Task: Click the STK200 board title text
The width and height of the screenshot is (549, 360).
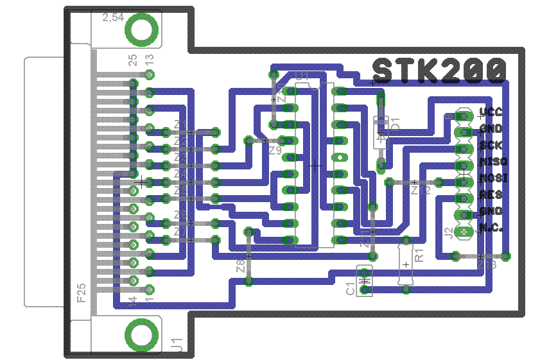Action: tap(439, 71)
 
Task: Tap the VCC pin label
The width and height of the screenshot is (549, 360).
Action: tap(491, 113)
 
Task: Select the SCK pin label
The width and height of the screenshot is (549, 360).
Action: tap(491, 146)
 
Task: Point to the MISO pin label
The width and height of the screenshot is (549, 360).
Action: tap(493, 162)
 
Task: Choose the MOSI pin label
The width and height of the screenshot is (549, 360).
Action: tap(493, 178)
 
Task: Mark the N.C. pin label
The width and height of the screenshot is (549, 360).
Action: tap(491, 228)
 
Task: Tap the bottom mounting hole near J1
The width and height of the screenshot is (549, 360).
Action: tap(141, 334)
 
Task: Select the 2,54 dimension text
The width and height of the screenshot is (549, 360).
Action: tap(114, 19)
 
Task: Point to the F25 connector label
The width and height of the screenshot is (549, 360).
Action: tap(82, 293)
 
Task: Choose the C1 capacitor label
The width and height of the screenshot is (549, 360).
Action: tap(351, 289)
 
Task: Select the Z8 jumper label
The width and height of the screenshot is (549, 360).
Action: tap(241, 265)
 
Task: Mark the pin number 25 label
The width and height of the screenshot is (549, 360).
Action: tap(133, 60)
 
